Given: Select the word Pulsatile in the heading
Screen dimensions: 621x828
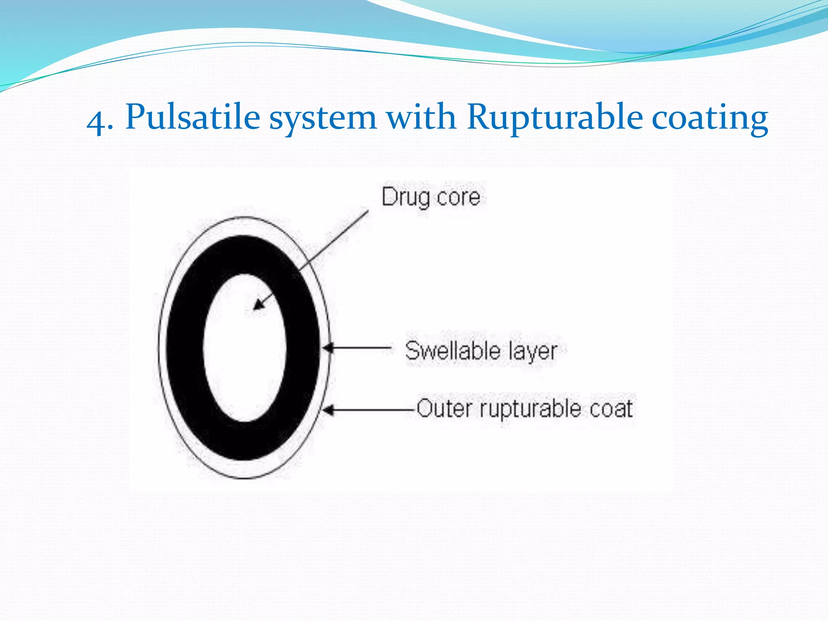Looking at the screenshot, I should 192,118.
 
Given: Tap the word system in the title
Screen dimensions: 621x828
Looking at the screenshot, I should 323,118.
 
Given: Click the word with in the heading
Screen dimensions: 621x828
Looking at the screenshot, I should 421,117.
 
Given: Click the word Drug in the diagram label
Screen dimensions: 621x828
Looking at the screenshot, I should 406,198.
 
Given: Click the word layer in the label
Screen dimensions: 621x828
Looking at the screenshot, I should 533,352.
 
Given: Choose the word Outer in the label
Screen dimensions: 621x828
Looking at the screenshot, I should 444,408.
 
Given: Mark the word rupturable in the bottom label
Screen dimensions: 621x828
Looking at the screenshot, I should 530,409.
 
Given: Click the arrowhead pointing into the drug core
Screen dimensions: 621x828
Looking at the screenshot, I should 258,304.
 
